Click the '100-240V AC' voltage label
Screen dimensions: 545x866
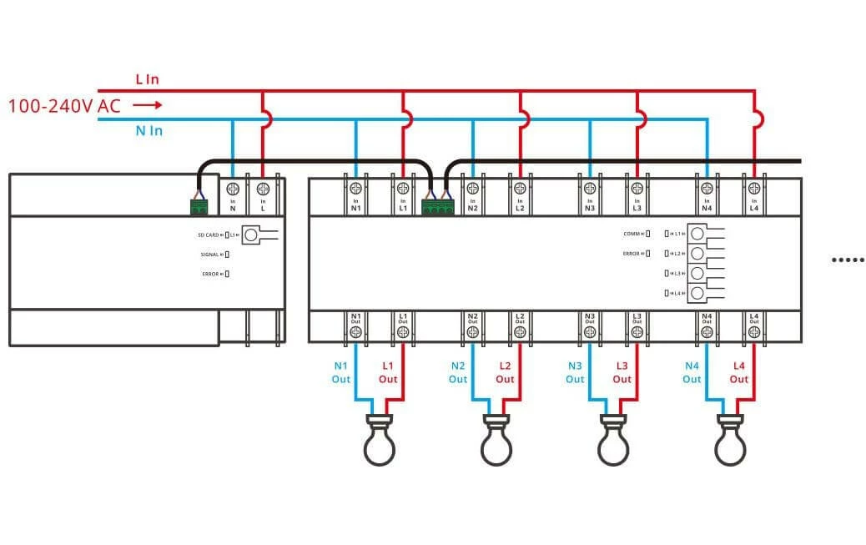(x=64, y=106)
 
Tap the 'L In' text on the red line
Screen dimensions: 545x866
(x=147, y=79)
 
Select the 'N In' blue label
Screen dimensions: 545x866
(x=149, y=131)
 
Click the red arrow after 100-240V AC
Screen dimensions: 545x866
(x=147, y=105)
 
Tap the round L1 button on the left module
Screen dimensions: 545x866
(x=251, y=235)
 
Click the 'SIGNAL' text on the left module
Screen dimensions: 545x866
(x=210, y=255)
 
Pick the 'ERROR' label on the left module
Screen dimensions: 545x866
(x=210, y=274)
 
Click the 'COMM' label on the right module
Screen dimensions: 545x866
(x=631, y=234)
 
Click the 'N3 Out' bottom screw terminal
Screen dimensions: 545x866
(x=590, y=331)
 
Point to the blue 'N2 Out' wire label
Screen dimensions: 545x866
(x=458, y=372)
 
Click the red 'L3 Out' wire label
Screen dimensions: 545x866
(x=622, y=372)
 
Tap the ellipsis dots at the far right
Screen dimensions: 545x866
(x=847, y=260)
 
